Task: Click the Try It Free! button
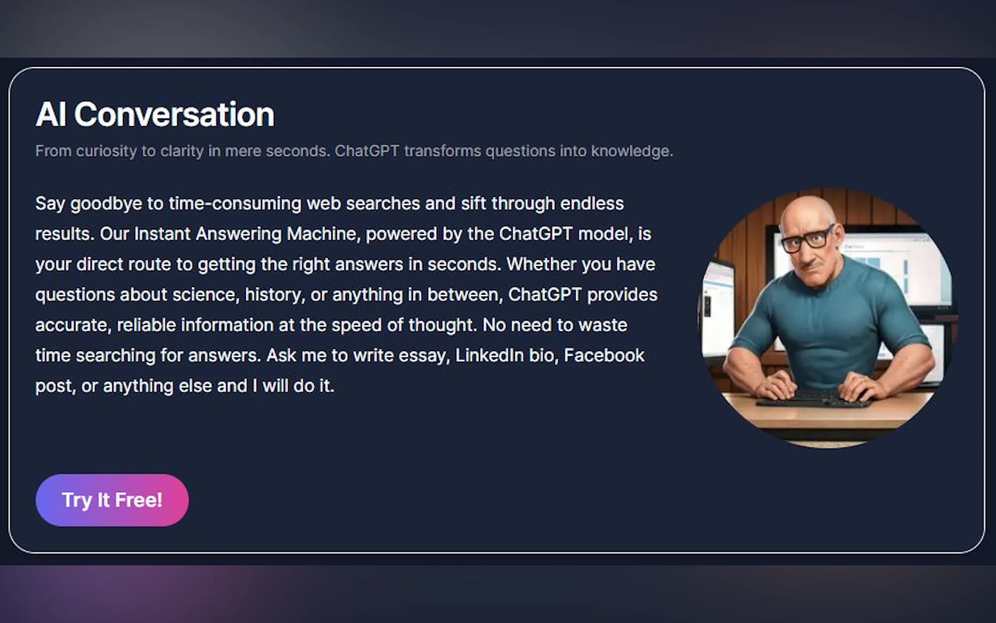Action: [x=112, y=500]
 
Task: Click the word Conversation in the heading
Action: [x=174, y=114]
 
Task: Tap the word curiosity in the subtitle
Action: [x=106, y=151]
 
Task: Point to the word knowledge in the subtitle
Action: [x=632, y=151]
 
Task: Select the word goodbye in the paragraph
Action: [x=106, y=204]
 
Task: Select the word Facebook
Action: [x=604, y=355]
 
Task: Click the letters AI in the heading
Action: [x=51, y=114]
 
